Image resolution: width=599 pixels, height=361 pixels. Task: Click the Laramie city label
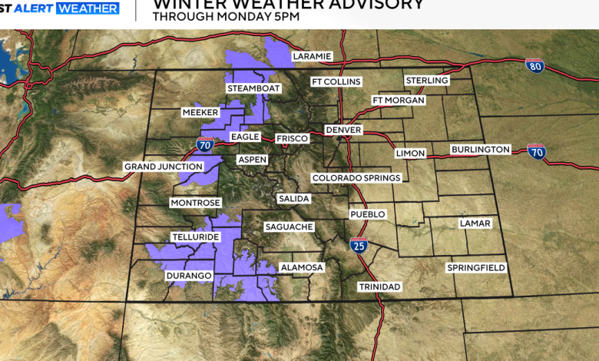click(x=312, y=56)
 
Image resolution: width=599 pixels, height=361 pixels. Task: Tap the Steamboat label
click(x=254, y=88)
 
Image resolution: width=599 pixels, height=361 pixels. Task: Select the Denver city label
click(x=343, y=130)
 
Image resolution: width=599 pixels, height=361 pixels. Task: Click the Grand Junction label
click(x=164, y=166)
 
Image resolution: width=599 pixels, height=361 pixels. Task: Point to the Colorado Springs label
click(x=356, y=177)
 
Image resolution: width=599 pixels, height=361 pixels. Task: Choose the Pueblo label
click(x=366, y=214)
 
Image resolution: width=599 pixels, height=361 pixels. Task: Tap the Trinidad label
click(x=379, y=286)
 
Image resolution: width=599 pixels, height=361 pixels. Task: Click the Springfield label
click(x=476, y=267)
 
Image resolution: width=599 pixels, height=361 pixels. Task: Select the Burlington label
click(x=480, y=149)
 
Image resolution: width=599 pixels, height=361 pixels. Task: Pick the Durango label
click(x=188, y=275)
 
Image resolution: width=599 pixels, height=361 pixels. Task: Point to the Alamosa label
click(x=302, y=267)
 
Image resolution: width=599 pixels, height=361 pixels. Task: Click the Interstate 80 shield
click(x=534, y=66)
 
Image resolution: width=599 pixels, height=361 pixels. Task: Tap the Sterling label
click(x=427, y=80)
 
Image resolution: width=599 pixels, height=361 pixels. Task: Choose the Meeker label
click(x=200, y=112)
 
